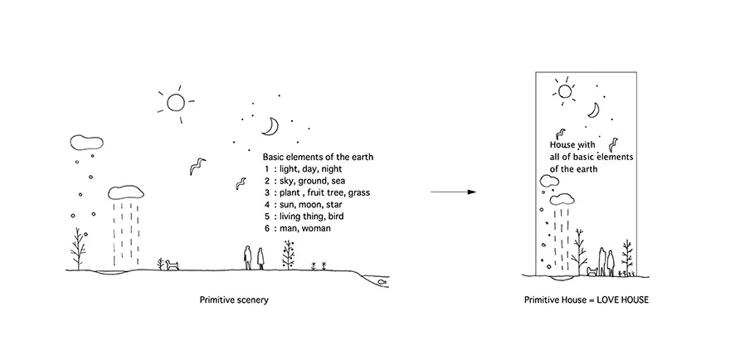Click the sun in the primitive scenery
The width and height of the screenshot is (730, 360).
[176, 104]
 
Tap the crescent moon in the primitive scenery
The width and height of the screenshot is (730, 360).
[271, 126]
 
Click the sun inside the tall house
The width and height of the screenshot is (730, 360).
[565, 90]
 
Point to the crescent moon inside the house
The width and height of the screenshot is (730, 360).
[594, 110]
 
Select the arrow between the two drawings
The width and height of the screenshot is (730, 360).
[454, 192]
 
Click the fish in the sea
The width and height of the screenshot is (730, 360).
[382, 282]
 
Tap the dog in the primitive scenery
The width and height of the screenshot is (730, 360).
[173, 265]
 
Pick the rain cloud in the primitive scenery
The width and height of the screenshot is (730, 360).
[126, 192]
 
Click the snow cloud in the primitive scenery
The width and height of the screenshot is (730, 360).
[86, 142]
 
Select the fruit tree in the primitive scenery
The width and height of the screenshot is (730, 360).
[289, 255]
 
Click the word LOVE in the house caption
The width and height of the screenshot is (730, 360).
[607, 300]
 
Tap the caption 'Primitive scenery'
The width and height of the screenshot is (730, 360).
[234, 300]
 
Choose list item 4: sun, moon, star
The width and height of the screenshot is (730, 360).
[304, 204]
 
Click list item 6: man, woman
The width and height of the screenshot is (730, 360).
[298, 228]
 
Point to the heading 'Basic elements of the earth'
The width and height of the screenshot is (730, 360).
[318, 157]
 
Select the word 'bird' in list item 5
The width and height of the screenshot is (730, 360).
[336, 216]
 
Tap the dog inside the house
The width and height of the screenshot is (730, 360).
[591, 271]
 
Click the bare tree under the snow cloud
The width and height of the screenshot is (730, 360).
[78, 249]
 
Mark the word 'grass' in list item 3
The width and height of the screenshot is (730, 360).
[360, 192]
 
